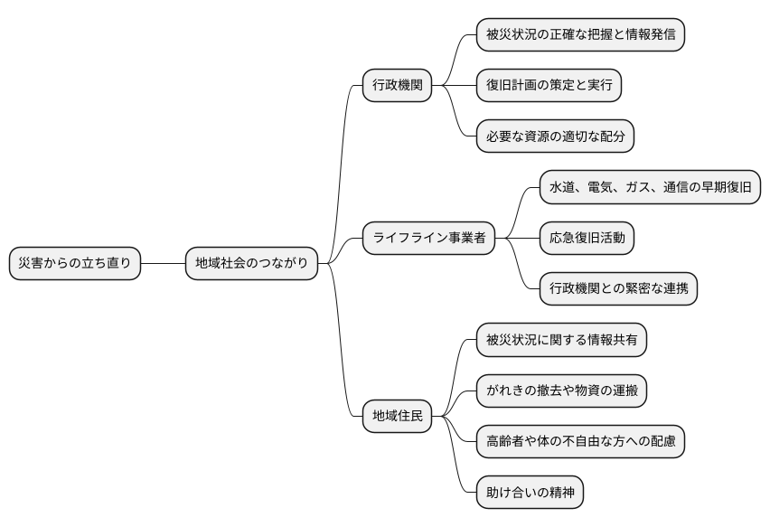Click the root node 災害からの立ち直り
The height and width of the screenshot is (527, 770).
(x=75, y=264)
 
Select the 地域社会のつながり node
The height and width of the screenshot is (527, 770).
(x=251, y=264)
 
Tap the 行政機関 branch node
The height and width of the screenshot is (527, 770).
(x=397, y=86)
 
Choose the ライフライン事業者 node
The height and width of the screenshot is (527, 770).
(x=428, y=239)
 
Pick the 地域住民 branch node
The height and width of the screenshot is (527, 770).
(x=397, y=417)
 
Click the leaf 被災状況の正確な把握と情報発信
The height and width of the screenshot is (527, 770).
(x=580, y=35)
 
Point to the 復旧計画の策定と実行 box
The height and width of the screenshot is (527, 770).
(x=549, y=86)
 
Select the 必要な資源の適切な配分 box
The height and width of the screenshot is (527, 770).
(x=555, y=136)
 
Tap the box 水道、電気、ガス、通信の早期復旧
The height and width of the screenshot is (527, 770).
(x=650, y=188)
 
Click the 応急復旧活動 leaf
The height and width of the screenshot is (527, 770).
(x=587, y=239)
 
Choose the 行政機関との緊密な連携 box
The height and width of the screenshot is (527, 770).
(x=618, y=289)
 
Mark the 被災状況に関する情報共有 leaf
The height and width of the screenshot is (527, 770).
(x=561, y=340)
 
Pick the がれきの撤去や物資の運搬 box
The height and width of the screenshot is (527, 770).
(x=561, y=391)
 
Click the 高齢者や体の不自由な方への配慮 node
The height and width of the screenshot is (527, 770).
(x=580, y=442)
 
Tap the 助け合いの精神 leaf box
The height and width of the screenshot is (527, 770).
(x=530, y=493)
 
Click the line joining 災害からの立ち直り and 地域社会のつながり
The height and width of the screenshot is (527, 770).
(x=163, y=264)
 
